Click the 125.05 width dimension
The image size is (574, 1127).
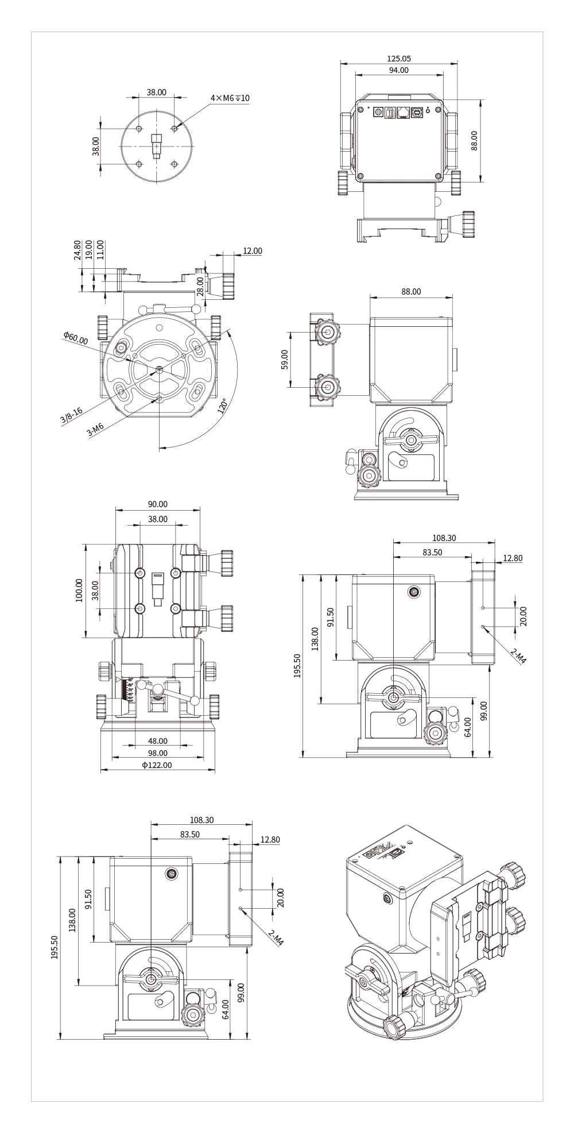point(399,59)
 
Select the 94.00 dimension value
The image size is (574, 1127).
point(399,70)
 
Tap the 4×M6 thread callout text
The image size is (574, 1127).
point(230,98)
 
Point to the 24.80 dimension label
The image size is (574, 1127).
point(78,251)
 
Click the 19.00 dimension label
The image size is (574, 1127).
point(89,251)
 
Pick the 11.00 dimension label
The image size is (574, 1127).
point(100,251)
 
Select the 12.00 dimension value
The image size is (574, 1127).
point(253,251)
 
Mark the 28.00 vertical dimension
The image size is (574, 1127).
point(200,285)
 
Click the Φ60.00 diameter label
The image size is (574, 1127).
point(76,338)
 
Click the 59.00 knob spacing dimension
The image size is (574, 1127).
point(285,360)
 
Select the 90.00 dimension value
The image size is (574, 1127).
point(158,504)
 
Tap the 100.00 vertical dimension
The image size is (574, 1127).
point(79,590)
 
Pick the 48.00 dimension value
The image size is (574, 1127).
point(158,741)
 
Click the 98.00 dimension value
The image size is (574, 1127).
point(158,753)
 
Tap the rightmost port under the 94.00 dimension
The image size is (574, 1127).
point(417,113)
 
